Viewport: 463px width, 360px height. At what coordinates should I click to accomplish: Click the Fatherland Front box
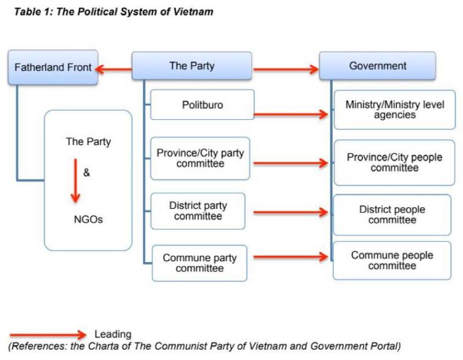point(53,68)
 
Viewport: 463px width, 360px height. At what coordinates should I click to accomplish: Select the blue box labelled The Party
point(192,66)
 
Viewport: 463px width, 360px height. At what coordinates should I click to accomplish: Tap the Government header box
point(377,66)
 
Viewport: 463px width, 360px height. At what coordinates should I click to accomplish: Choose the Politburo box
point(202,105)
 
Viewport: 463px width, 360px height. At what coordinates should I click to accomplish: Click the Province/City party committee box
point(200,159)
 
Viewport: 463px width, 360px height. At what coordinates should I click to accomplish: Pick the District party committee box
point(198,211)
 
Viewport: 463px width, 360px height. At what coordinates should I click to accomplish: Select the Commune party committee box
point(200,263)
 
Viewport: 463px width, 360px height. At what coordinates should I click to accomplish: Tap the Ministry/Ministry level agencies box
point(395,109)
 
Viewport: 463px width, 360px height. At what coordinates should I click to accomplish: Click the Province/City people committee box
point(395,163)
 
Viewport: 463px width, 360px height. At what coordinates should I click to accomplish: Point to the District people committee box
point(392,215)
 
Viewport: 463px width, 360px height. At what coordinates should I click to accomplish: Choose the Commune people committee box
point(392,260)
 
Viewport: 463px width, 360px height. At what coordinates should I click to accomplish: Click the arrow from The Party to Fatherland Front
point(114,69)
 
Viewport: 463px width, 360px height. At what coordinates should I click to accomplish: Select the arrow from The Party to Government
point(286,70)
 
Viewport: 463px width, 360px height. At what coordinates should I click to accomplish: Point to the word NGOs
point(89,219)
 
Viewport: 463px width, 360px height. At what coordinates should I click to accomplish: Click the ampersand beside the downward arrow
point(87,172)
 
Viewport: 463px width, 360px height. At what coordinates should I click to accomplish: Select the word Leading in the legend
point(113,334)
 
